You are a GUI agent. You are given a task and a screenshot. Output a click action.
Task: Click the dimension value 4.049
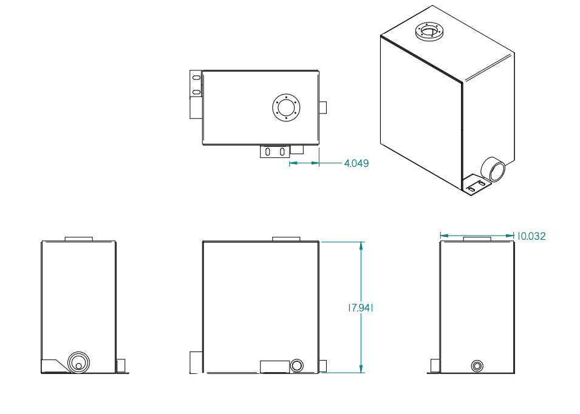click(x=356, y=163)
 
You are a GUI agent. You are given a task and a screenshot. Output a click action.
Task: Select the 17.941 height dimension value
click(x=360, y=308)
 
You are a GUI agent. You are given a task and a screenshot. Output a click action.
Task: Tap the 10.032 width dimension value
click(x=531, y=236)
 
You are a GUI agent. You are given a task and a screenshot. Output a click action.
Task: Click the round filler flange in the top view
click(x=285, y=109)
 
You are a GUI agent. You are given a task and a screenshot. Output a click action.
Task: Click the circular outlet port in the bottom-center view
click(x=297, y=365)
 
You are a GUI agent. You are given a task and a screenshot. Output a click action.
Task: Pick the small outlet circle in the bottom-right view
click(x=477, y=365)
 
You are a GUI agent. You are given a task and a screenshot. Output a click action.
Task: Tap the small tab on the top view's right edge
click(x=323, y=107)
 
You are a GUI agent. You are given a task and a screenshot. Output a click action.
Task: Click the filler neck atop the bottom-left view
click(x=78, y=239)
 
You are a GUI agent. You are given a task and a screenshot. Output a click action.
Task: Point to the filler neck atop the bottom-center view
click(x=286, y=239)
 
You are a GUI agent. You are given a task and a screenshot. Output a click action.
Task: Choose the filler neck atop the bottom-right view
click(x=477, y=239)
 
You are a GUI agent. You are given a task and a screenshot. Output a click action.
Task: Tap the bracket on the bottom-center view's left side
click(x=196, y=362)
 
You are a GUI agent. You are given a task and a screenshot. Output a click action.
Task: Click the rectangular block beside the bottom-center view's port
click(x=275, y=366)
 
